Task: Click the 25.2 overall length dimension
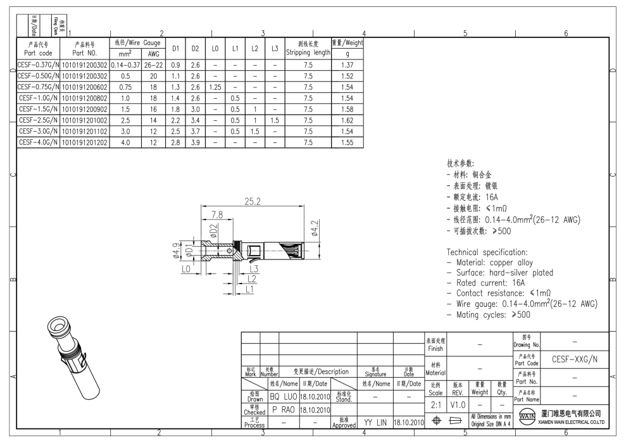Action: tap(253, 203)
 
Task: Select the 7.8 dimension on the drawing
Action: tap(216, 215)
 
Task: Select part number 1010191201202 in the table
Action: tap(84, 143)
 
